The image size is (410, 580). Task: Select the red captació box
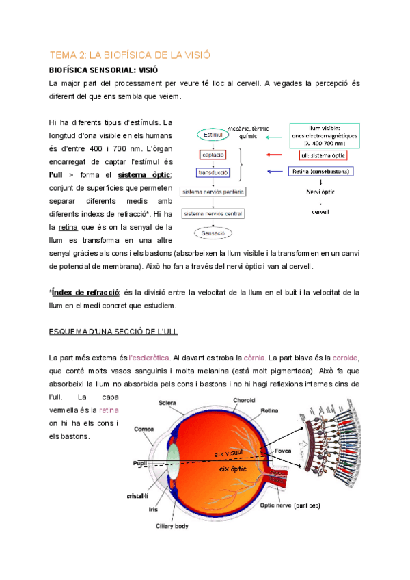coord(214,155)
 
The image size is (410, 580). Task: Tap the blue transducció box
coord(214,173)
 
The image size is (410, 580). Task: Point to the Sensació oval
coord(215,233)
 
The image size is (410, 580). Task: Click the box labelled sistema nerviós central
coord(213,214)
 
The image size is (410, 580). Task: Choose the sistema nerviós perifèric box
coord(213,192)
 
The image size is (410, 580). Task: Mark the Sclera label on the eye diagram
coord(167,403)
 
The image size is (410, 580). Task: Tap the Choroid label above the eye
coord(244,399)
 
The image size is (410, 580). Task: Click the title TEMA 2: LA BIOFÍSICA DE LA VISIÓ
coord(129,55)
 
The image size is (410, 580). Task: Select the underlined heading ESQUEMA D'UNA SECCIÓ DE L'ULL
coord(113,332)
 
